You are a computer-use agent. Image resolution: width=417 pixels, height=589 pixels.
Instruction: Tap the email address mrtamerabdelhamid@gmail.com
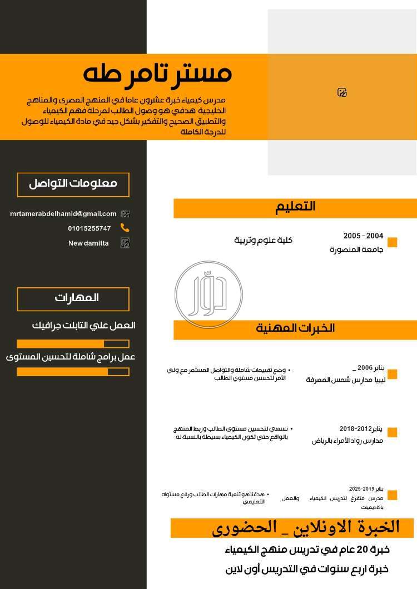[x=63, y=213]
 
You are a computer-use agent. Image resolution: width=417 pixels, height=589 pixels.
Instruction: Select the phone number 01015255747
[x=90, y=228]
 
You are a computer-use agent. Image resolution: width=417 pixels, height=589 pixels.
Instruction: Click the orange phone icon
[x=125, y=228]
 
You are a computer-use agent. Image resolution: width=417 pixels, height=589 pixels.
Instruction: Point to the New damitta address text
[x=88, y=243]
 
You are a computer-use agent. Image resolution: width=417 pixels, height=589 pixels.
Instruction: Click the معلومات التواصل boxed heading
[x=73, y=184]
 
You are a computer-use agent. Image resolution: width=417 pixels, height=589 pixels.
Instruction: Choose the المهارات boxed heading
[x=73, y=298]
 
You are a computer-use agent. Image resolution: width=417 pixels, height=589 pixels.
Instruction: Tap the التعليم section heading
[x=295, y=207]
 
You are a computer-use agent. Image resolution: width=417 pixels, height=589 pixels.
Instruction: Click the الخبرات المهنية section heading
[x=295, y=328]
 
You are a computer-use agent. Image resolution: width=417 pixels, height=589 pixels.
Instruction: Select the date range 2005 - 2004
[x=363, y=236]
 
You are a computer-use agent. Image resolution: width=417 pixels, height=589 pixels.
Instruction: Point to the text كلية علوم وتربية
[x=263, y=240]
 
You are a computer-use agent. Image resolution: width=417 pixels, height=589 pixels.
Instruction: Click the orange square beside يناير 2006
[x=393, y=374]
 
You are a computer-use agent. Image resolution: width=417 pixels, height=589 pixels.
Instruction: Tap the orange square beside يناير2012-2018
[x=393, y=432]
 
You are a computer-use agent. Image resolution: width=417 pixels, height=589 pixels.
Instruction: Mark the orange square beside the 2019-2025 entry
[x=393, y=495]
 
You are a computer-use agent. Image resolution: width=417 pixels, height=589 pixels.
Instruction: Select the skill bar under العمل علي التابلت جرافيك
[x=73, y=343]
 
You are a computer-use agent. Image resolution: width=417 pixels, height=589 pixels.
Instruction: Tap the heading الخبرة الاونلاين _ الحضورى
[x=305, y=527]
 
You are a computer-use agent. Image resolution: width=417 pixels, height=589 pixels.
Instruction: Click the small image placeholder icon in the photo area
[x=342, y=92]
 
